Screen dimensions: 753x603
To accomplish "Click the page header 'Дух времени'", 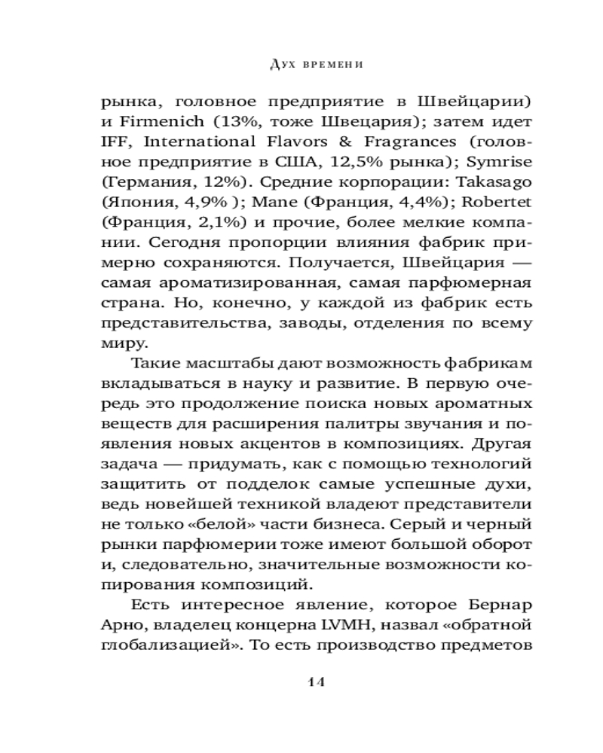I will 316,65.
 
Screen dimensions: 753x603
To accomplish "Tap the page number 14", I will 315,682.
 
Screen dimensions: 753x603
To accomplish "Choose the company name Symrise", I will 500,162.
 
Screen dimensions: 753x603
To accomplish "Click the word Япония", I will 139,203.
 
